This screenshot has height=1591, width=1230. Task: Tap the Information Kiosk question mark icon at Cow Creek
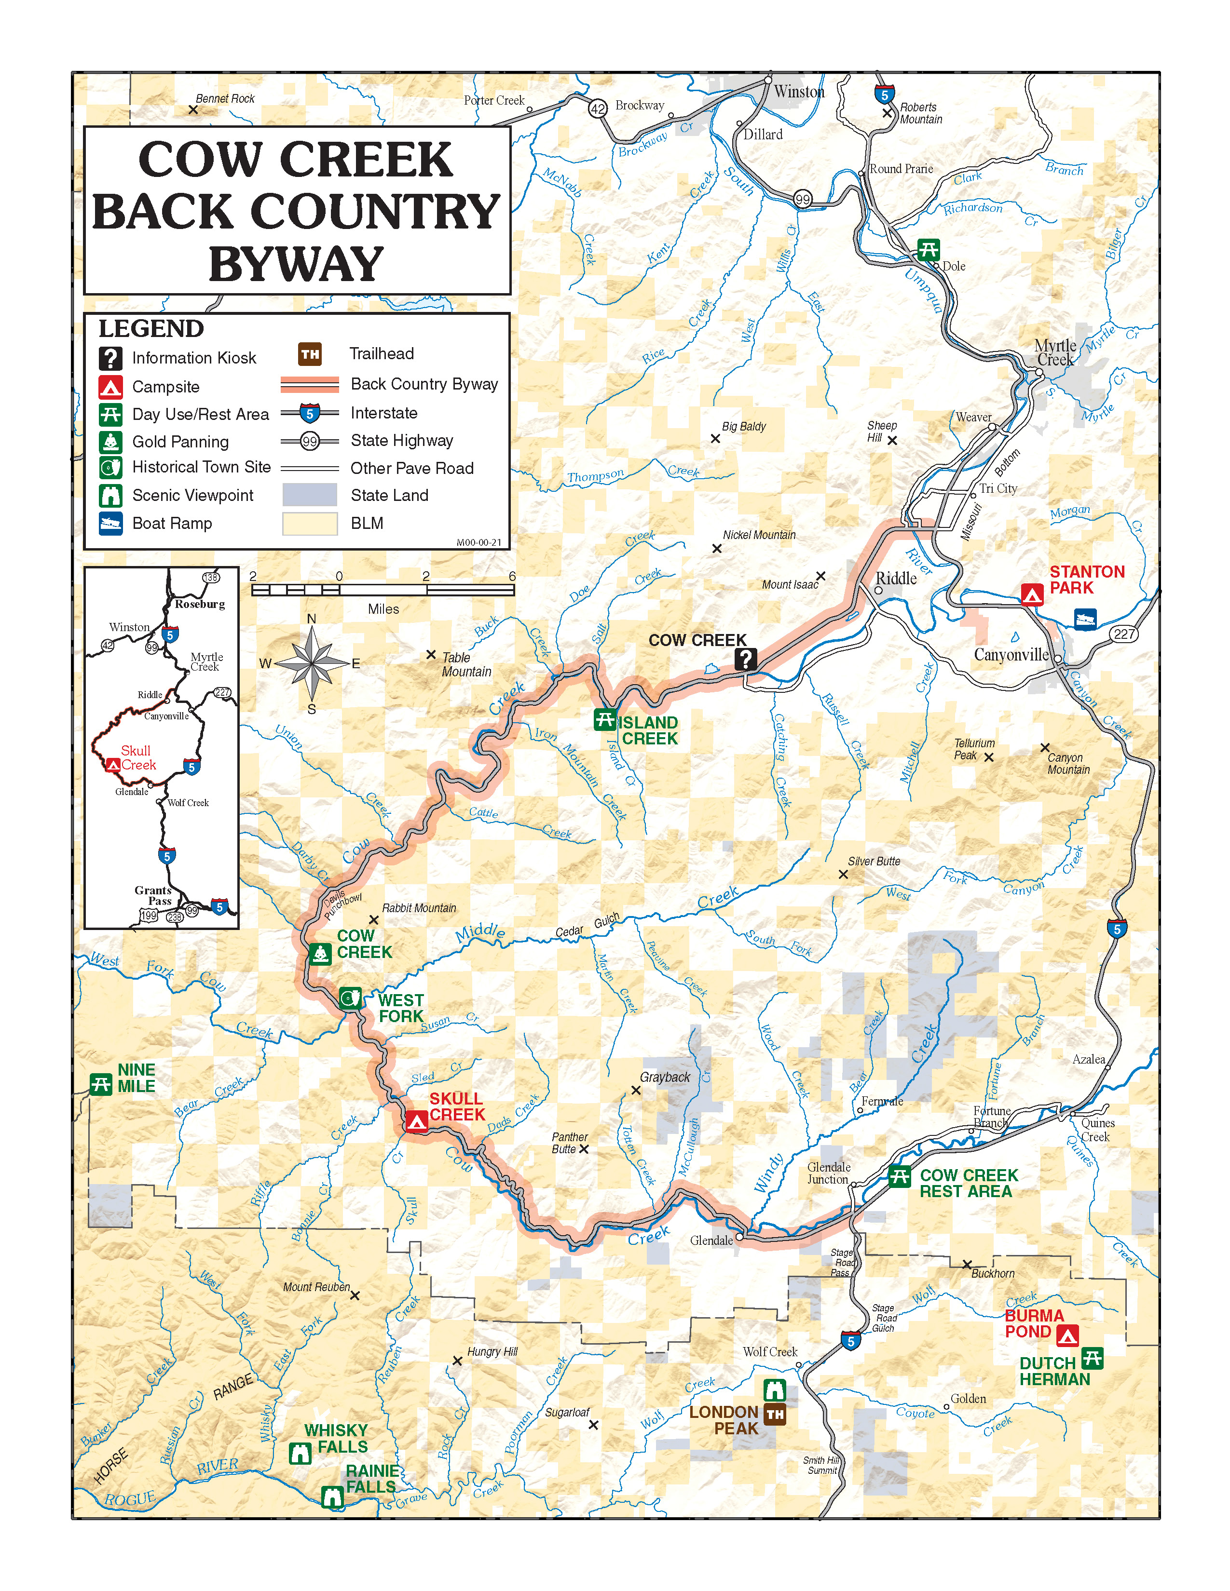coord(745,659)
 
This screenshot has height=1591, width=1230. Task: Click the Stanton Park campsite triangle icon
coord(1032,594)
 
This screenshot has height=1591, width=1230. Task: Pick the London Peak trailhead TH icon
coord(775,1415)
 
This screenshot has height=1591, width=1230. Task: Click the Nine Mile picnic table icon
coord(100,1083)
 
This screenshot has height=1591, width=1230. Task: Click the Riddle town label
coord(896,579)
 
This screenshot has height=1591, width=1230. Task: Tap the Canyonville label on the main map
coord(1011,655)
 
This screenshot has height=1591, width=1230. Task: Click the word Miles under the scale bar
coord(383,609)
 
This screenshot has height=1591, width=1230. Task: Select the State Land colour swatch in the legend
coord(310,495)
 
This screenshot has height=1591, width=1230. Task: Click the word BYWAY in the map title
coord(296,264)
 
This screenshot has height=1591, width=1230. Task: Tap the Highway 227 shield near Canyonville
coord(1124,634)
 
